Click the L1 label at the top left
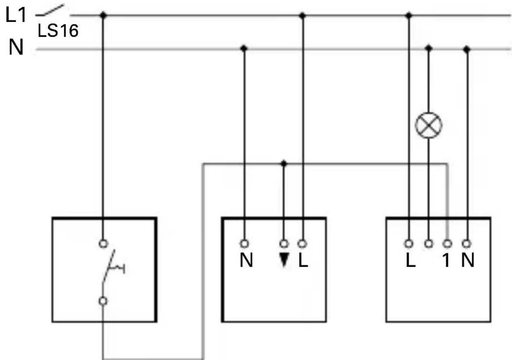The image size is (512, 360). pyautogui.click(x=16, y=15)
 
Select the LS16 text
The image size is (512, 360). pyautogui.click(x=58, y=31)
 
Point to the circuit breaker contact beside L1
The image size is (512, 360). pyautogui.click(x=51, y=10)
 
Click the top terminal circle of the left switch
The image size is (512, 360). pyautogui.click(x=103, y=242)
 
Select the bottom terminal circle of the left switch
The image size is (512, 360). pyautogui.click(x=103, y=301)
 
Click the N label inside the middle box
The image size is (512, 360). pyautogui.click(x=246, y=262)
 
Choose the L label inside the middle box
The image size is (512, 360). pyautogui.click(x=303, y=262)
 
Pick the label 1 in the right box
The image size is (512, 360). pyautogui.click(x=446, y=262)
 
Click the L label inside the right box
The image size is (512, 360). pyautogui.click(x=410, y=262)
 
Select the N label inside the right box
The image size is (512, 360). pyautogui.click(x=468, y=262)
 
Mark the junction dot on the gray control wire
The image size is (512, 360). pyautogui.click(x=284, y=164)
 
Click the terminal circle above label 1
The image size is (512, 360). pyautogui.click(x=448, y=243)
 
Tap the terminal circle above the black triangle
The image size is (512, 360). pyautogui.click(x=284, y=243)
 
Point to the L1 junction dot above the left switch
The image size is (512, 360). pyautogui.click(x=103, y=15)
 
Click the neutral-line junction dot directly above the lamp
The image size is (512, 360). pyautogui.click(x=429, y=49)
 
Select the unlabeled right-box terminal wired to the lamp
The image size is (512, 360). pyautogui.click(x=429, y=243)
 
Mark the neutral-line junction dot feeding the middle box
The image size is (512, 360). pyautogui.click(x=244, y=49)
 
